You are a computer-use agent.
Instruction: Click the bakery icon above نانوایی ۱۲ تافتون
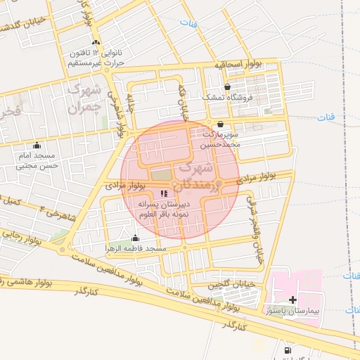96,43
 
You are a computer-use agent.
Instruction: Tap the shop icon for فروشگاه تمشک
227,86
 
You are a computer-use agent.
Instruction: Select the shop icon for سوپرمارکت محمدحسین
221,124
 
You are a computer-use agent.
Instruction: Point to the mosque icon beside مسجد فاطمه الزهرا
135,238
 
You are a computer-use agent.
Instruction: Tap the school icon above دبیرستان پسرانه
164,193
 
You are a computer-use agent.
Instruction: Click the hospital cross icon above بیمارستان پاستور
293,300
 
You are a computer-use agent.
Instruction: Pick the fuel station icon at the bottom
287,351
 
